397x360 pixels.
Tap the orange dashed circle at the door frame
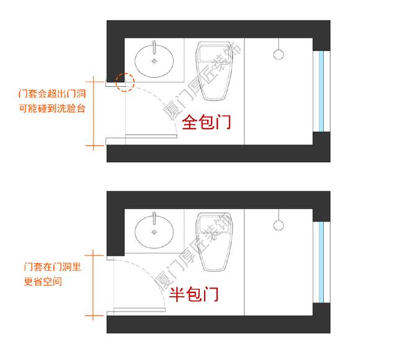click(126, 82)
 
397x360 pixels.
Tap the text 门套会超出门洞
click(51, 94)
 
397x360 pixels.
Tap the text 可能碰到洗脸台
click(51, 109)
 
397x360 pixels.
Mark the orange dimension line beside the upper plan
click(94, 112)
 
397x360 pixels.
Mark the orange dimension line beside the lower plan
click(94, 284)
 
